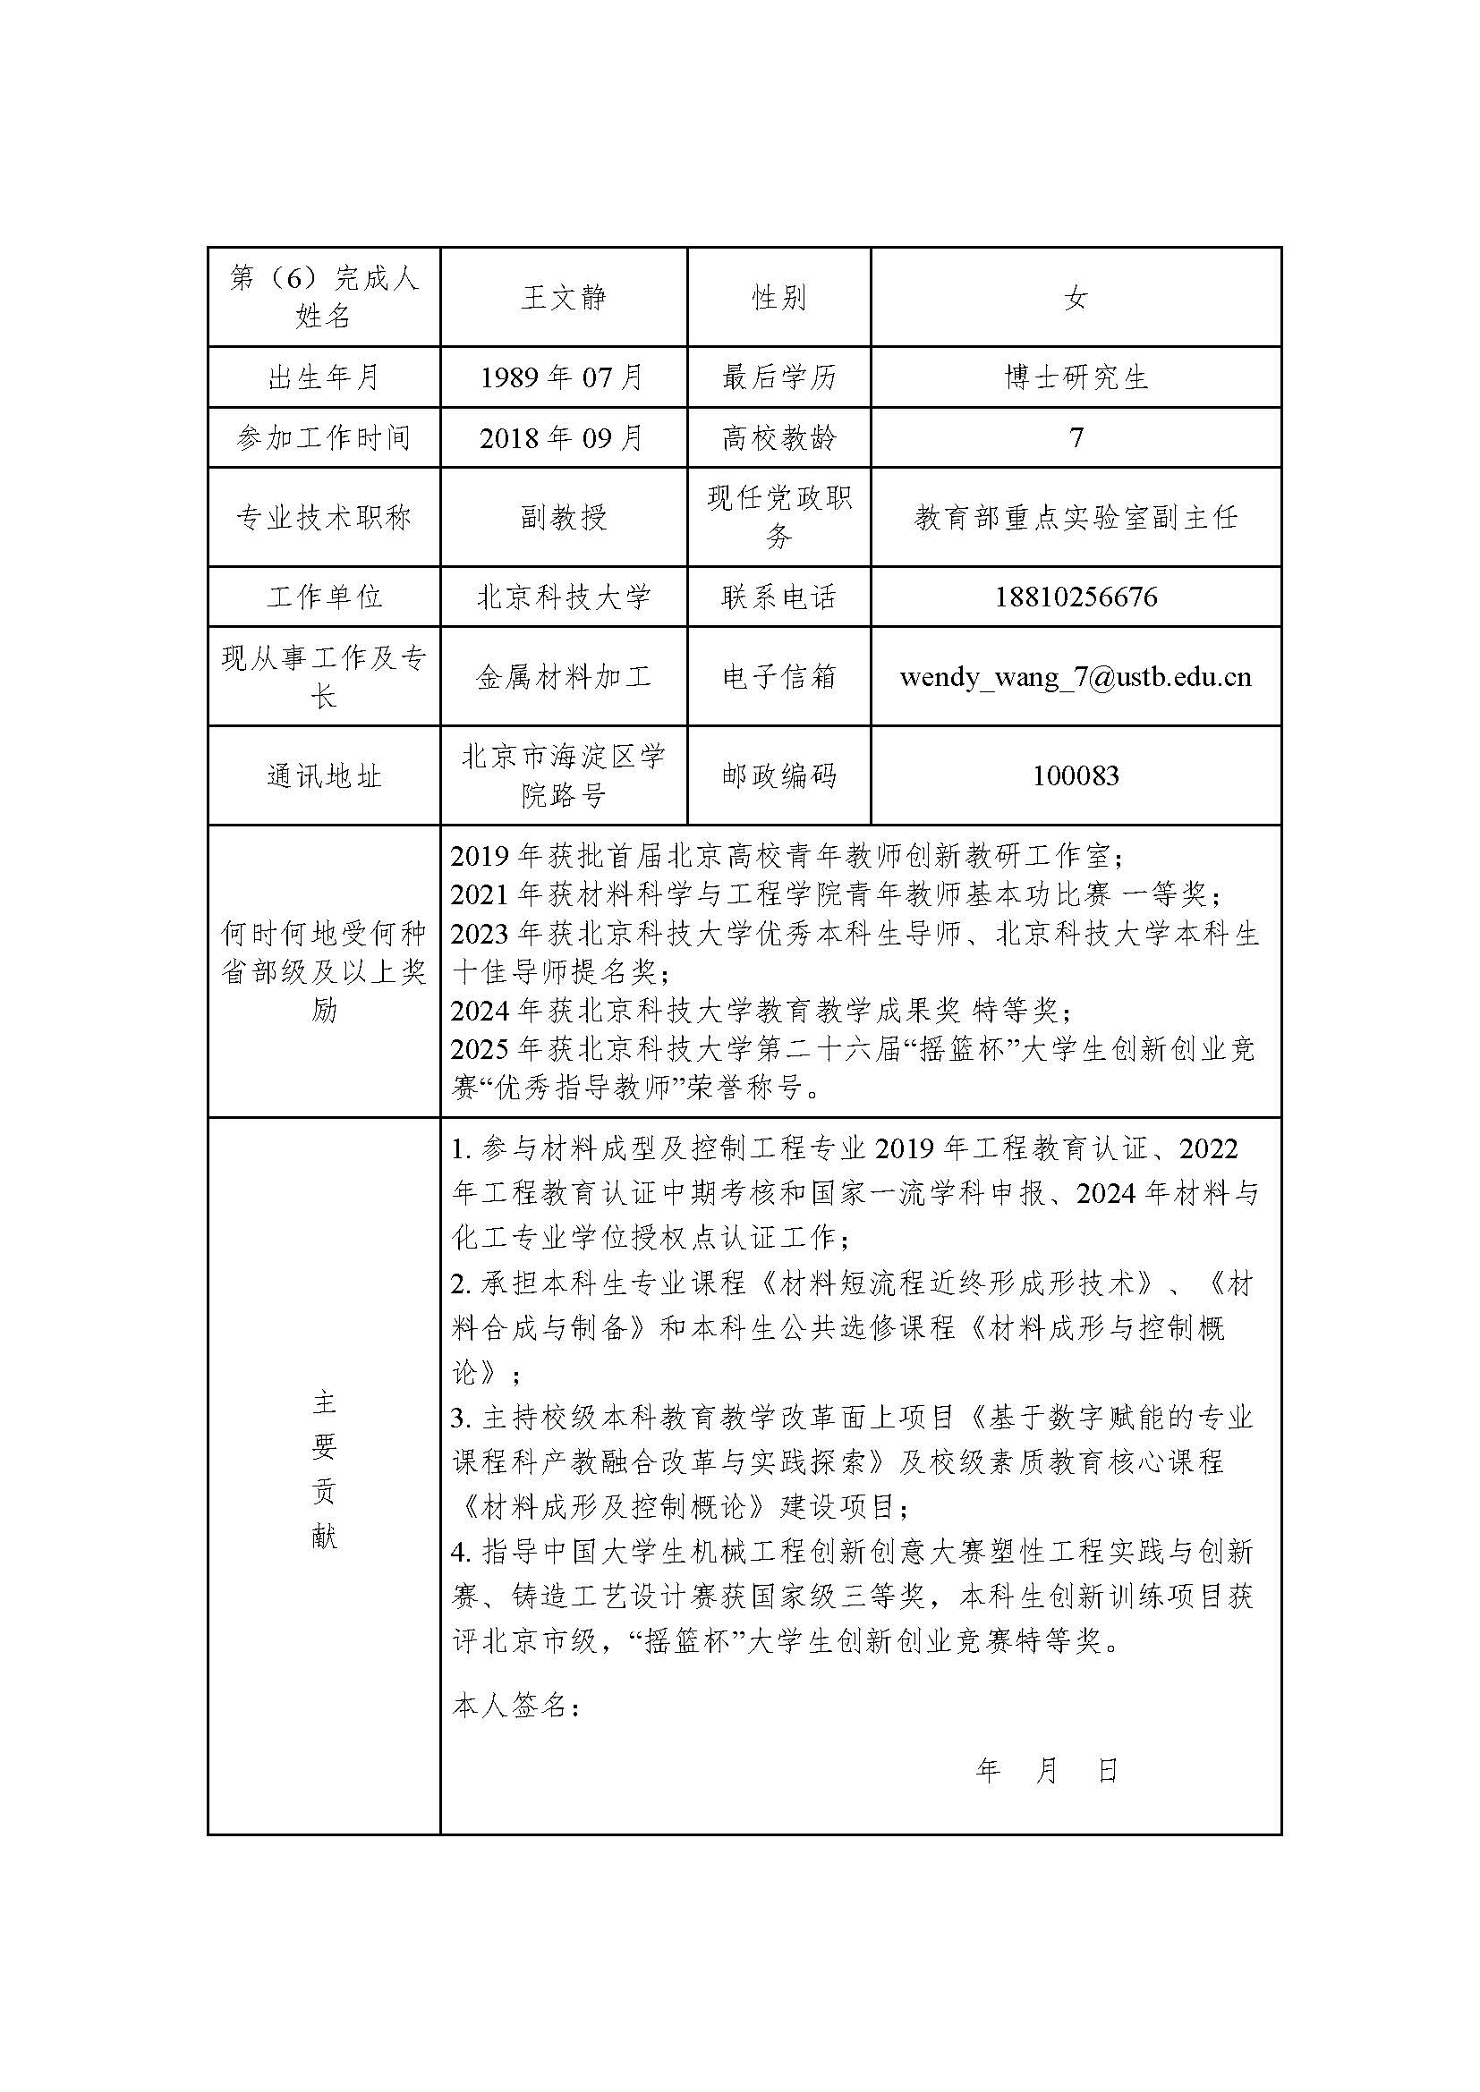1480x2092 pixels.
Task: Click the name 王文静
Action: pyautogui.click(x=563, y=298)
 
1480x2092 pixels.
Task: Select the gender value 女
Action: pyautogui.click(x=1076, y=298)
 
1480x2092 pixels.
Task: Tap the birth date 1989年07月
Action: pyautogui.click(x=562, y=377)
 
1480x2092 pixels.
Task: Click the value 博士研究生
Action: pyautogui.click(x=1076, y=377)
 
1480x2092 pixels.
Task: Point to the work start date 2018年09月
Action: pyautogui.click(x=562, y=438)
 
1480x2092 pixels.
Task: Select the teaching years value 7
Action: pyautogui.click(x=1076, y=438)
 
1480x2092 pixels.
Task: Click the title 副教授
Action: pyautogui.click(x=563, y=518)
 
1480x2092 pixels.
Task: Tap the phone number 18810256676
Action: pyautogui.click(x=1076, y=597)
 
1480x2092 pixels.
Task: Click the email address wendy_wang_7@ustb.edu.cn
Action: pyautogui.click(x=1076, y=677)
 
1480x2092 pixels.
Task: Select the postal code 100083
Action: pyautogui.click(x=1076, y=776)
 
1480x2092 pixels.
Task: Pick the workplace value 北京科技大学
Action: pyautogui.click(x=563, y=597)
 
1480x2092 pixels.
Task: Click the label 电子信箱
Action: pyautogui.click(x=778, y=677)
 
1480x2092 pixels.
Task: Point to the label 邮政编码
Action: pyautogui.click(x=778, y=776)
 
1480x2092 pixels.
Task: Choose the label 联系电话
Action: pyautogui.click(x=778, y=597)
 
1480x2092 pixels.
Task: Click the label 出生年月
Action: pyautogui.click(x=324, y=377)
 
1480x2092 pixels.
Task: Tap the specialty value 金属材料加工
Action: pyautogui.click(x=563, y=677)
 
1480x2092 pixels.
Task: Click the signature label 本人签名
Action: pyautogui.click(x=515, y=1706)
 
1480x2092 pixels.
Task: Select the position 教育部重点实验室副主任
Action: pyautogui.click(x=1076, y=518)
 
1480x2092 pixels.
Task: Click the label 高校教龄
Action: pyautogui.click(x=778, y=438)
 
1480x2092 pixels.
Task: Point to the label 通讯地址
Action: pyautogui.click(x=324, y=776)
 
